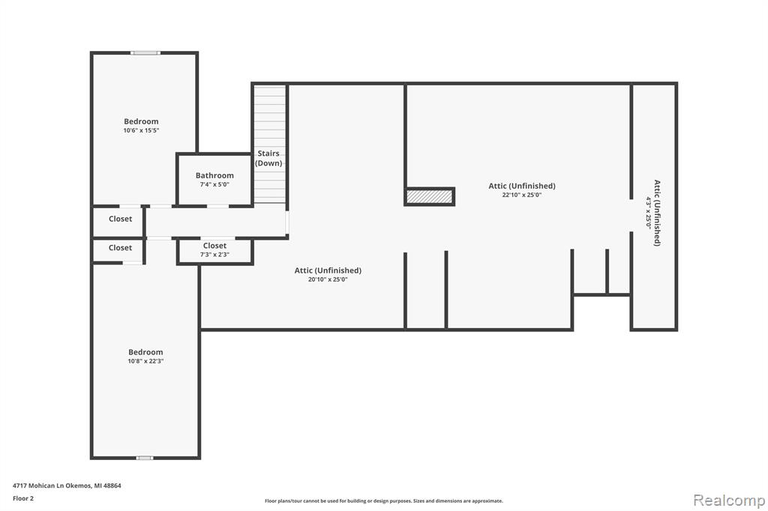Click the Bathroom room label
pos(214,175)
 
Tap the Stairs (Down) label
pos(269,158)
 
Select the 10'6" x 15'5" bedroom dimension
pos(141,130)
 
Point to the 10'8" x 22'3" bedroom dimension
pos(145,361)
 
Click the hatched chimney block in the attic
pos(430,196)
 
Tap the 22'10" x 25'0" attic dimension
pos(522,195)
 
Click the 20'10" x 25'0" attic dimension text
pos(328,279)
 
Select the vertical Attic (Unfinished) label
pos(657,213)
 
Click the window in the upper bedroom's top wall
pos(145,52)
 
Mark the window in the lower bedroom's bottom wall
pos(145,458)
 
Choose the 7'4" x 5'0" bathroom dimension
pos(214,184)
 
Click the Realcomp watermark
pos(729,501)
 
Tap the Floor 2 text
pos(23,498)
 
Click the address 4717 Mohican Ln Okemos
pos(52,486)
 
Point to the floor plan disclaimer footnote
pos(384,501)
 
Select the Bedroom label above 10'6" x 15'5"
pos(141,121)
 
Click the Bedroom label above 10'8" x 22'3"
pos(145,352)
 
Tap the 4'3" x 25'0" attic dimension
pos(649,213)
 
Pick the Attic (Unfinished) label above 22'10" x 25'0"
pos(522,186)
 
